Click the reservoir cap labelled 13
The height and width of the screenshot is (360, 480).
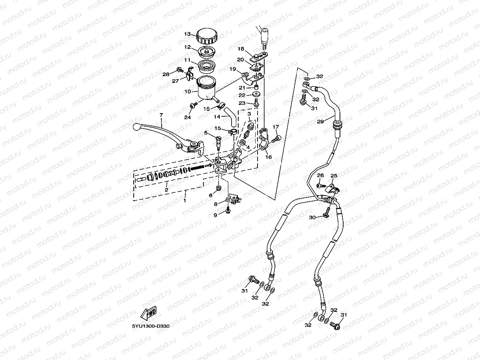click(207, 35)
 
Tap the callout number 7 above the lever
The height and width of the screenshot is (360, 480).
click(161, 114)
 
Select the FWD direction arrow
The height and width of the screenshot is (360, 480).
click(148, 313)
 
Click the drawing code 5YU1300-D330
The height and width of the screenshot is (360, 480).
click(151, 326)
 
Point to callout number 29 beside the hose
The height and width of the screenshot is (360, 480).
click(320, 121)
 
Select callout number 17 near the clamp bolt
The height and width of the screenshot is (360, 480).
click(276, 127)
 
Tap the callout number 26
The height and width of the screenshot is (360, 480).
click(320, 175)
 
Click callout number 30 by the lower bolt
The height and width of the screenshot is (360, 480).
click(312, 217)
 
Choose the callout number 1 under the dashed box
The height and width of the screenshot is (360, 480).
click(185, 200)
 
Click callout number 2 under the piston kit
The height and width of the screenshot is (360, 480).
click(166, 190)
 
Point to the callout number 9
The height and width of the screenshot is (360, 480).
click(215, 215)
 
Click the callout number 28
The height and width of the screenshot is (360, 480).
click(166, 74)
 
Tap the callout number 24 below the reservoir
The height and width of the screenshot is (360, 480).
click(187, 118)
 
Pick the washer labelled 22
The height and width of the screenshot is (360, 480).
click(256, 94)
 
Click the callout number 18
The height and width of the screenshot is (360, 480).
click(241, 49)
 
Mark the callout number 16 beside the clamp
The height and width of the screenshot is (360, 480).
click(269, 157)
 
